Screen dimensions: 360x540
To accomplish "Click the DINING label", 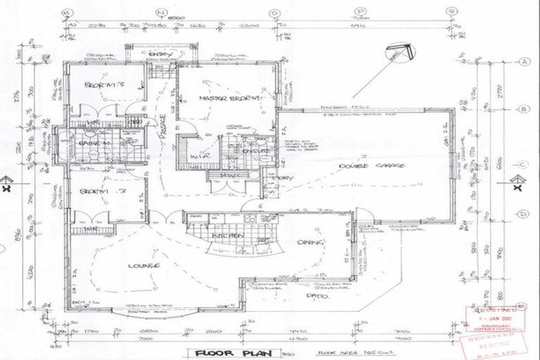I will (x=309, y=243).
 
